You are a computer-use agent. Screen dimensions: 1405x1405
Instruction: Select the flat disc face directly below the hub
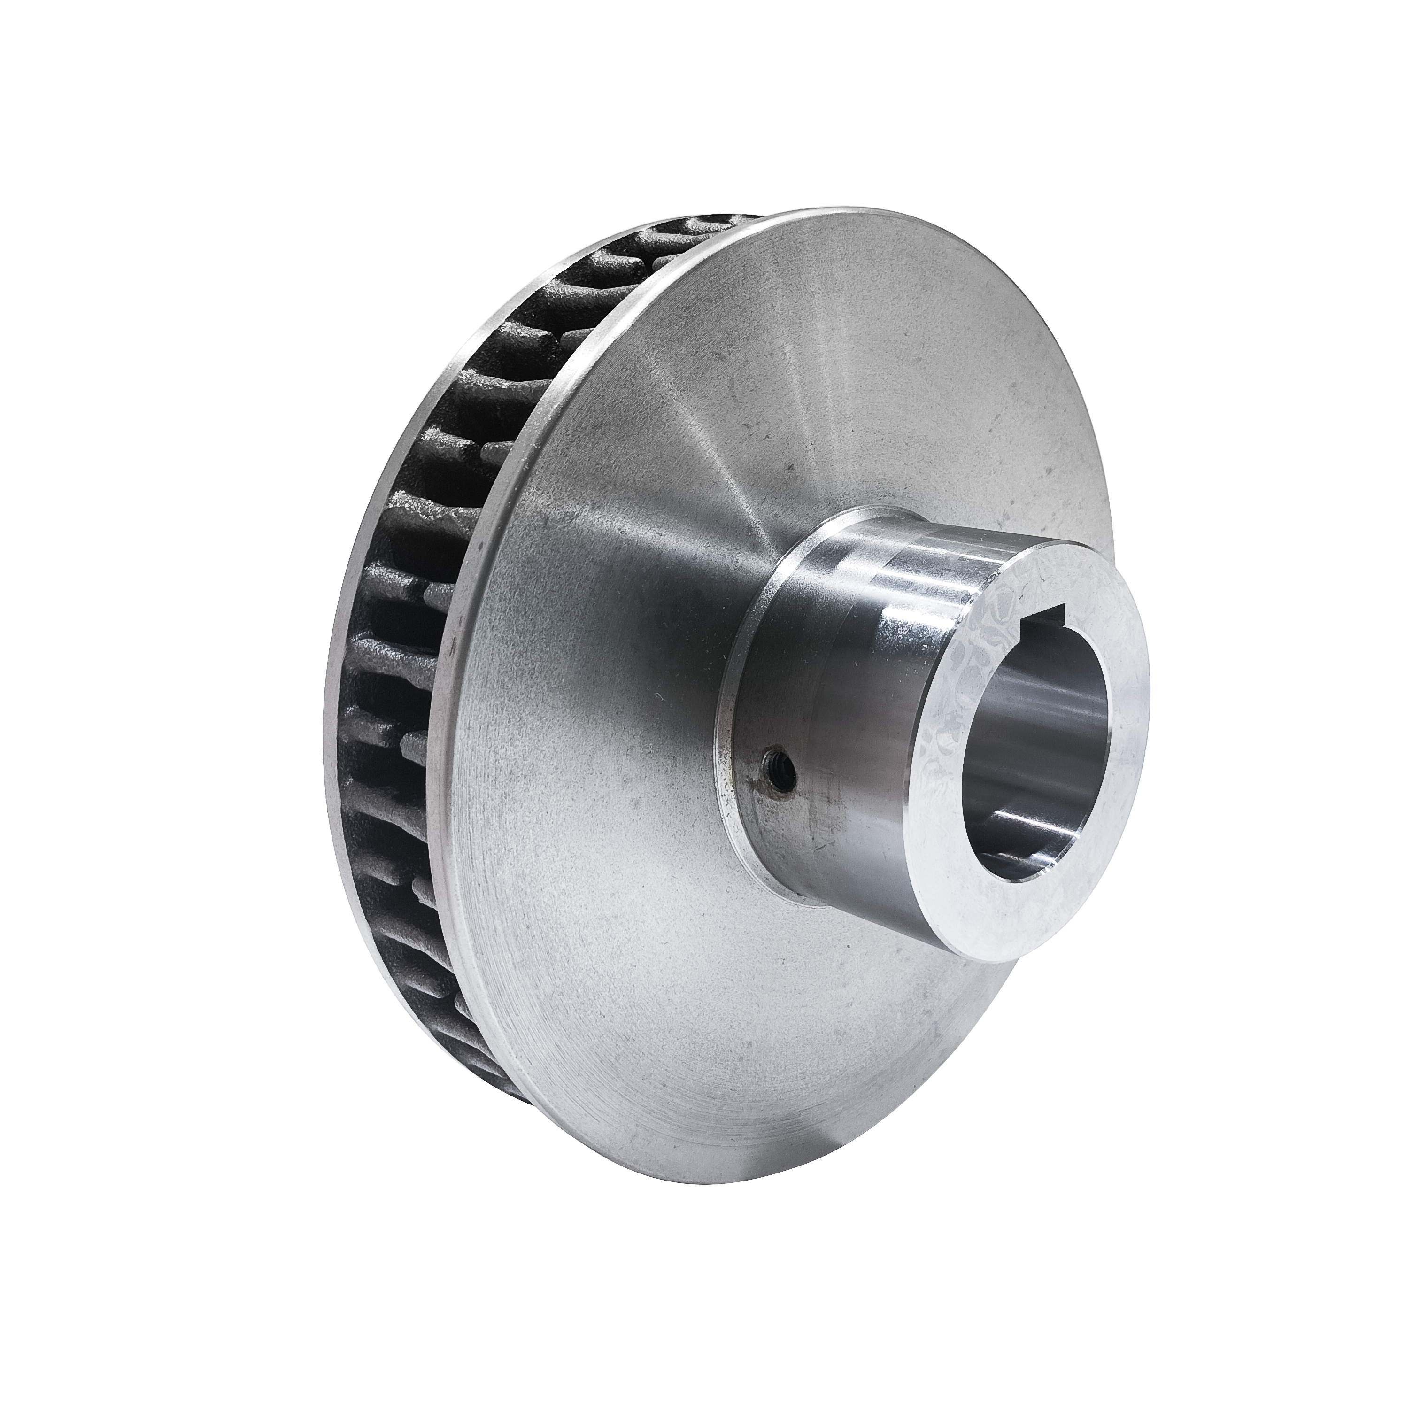(x=836, y=1055)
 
